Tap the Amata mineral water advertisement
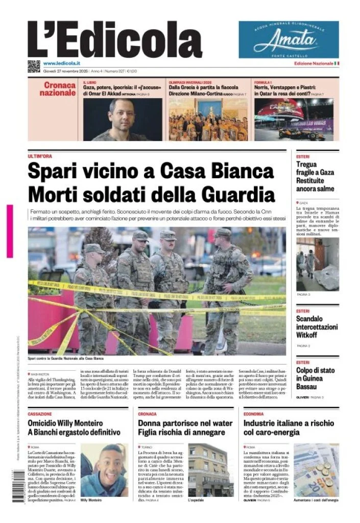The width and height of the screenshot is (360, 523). coord(289,39)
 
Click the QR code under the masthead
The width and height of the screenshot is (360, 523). coord(34,65)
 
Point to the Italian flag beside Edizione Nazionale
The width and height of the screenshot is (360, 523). coord(337,63)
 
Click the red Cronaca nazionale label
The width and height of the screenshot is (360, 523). coord(57,89)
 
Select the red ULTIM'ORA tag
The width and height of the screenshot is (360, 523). coord(40,156)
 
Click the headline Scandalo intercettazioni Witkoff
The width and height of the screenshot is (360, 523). coord(315,327)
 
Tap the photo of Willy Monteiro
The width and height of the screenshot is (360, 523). coord(105,469)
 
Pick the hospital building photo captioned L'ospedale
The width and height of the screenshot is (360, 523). coord(210,469)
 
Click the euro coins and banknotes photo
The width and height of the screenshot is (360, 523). coord(316,469)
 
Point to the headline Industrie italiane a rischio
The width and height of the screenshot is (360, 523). coord(289,427)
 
